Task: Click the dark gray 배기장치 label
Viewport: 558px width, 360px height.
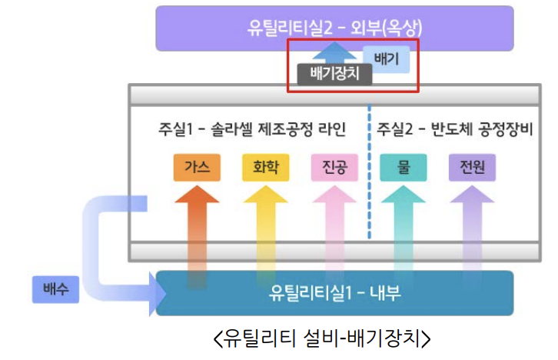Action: click(335, 74)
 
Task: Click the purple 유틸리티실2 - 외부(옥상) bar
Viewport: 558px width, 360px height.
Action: click(334, 28)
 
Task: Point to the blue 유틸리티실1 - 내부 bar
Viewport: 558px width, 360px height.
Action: click(335, 293)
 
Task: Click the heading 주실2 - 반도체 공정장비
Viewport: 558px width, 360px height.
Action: click(453, 128)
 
